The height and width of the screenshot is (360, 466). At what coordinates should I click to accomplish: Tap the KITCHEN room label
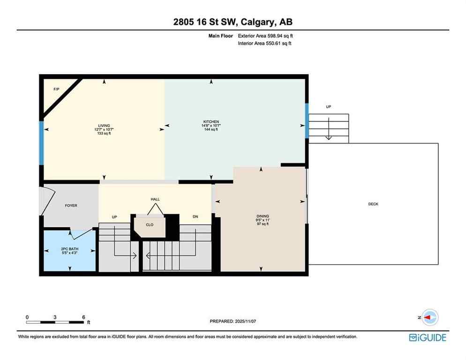tap(211, 122)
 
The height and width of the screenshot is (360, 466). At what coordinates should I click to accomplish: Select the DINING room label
tap(263, 216)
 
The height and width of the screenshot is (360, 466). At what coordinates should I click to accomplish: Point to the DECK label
tap(373, 204)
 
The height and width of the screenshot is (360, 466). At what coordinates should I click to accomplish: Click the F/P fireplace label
tap(56, 89)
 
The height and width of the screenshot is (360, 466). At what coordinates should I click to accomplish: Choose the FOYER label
tap(71, 205)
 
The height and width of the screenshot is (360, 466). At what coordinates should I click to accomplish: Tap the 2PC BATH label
tap(68, 249)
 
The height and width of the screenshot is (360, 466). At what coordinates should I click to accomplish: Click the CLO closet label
tap(150, 225)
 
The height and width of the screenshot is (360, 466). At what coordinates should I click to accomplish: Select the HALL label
tap(155, 199)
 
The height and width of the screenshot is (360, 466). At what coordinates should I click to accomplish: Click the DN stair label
tap(195, 217)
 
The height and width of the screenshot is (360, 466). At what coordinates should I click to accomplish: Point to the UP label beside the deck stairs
tap(329, 107)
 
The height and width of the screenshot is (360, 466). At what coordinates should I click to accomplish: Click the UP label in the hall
tap(114, 217)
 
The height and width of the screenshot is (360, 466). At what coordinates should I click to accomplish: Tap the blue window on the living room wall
tap(41, 143)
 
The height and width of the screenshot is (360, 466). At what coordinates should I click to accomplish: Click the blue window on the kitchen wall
tap(307, 121)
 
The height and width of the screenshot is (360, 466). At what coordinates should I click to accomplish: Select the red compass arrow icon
tap(429, 317)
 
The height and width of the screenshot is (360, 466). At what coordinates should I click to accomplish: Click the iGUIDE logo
tap(427, 337)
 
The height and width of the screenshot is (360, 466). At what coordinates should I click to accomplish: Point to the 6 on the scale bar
tap(83, 317)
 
